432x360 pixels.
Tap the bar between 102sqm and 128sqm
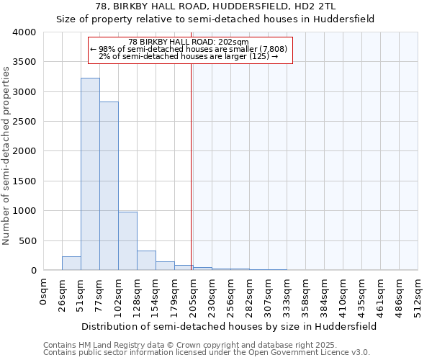127,241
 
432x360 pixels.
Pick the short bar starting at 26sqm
71,264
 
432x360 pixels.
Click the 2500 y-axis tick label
24,122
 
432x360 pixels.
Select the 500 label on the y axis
27,240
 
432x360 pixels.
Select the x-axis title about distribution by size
228,326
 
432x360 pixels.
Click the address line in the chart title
215,6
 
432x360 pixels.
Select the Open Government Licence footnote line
206,353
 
